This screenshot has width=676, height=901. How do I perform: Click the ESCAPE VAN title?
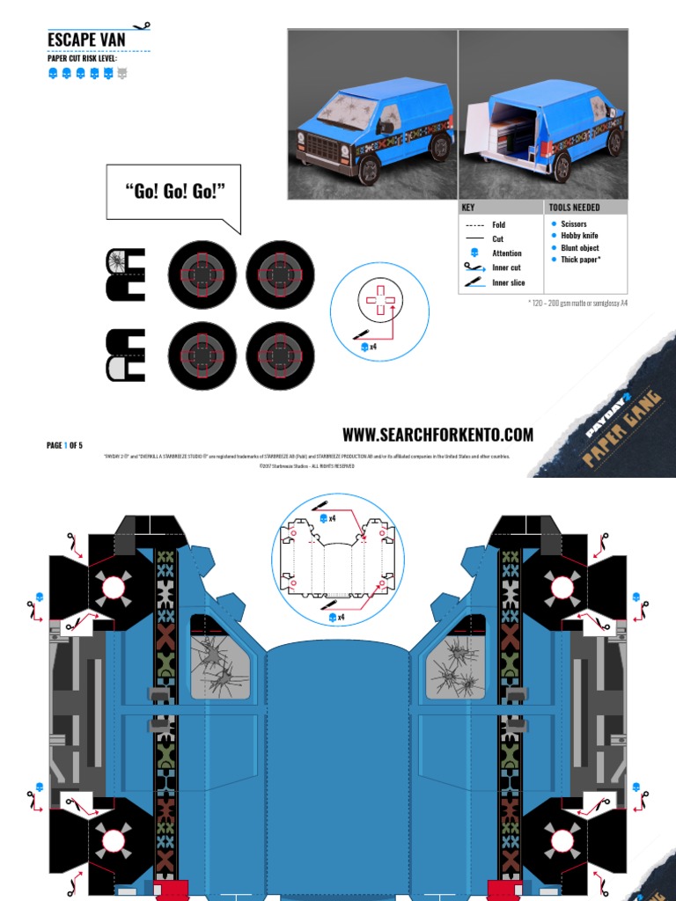pyautogui.click(x=86, y=40)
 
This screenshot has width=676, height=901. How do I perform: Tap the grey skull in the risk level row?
pyautogui.click(x=122, y=73)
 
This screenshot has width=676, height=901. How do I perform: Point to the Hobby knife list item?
pyautogui.click(x=579, y=236)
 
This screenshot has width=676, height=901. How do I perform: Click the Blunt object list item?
pyautogui.click(x=579, y=248)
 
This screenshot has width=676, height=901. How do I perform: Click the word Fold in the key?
pyautogui.click(x=499, y=225)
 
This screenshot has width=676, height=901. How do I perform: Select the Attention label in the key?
pyautogui.click(x=507, y=253)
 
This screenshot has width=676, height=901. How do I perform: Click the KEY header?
pyautogui.click(x=468, y=208)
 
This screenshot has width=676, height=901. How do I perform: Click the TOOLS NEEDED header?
pyautogui.click(x=574, y=208)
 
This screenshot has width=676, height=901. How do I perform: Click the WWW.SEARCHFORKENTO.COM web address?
pyautogui.click(x=437, y=435)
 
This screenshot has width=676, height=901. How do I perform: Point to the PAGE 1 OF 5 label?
pyautogui.click(x=64, y=445)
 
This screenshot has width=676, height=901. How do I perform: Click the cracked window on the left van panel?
pyautogui.click(x=217, y=661)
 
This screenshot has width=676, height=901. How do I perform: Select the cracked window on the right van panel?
pyautogui.click(x=456, y=661)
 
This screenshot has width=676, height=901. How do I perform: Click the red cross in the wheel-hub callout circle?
pyautogui.click(x=380, y=300)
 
